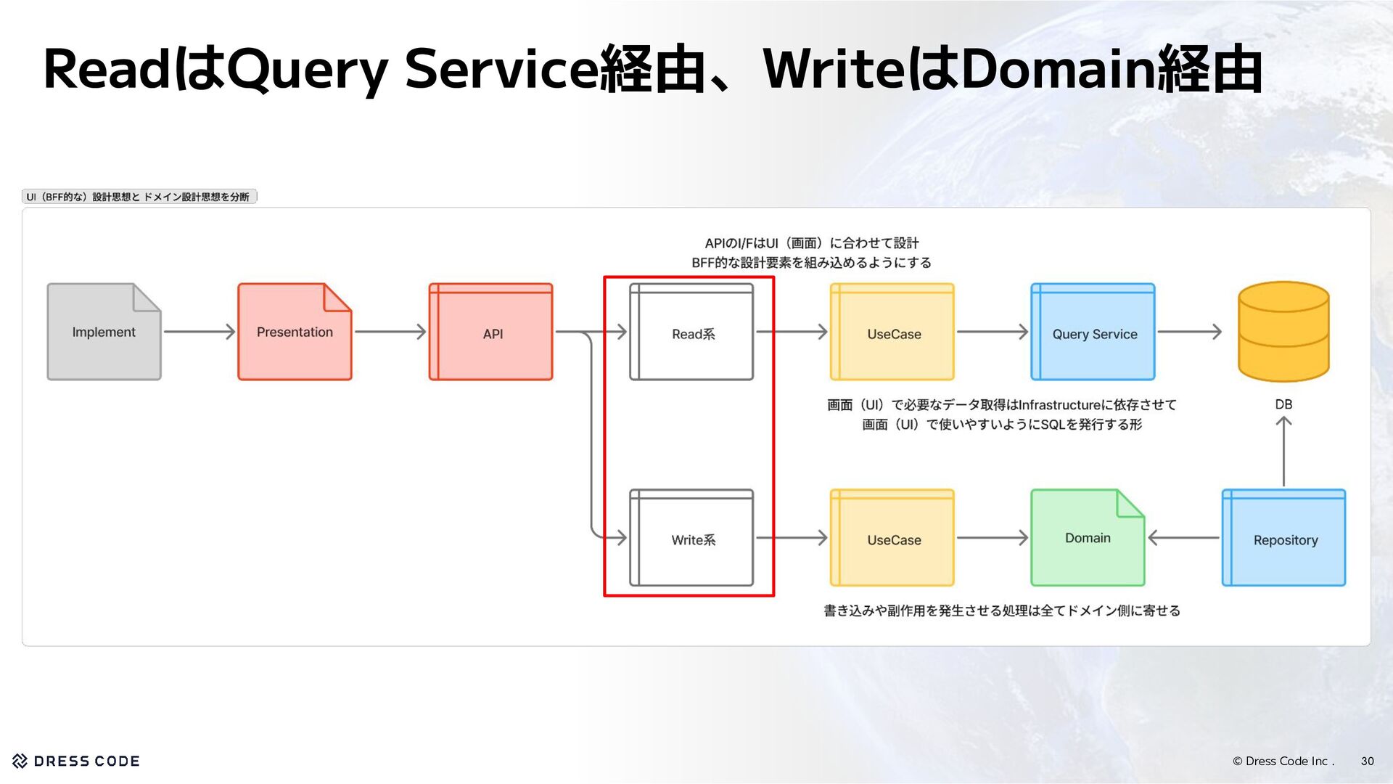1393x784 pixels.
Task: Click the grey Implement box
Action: coord(104,332)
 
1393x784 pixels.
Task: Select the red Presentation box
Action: coord(295,332)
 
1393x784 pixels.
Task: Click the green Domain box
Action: coord(1088,538)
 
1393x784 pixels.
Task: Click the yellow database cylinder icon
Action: coord(1283,331)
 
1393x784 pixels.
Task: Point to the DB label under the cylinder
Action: coord(1283,404)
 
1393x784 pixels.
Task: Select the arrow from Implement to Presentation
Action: coord(200,332)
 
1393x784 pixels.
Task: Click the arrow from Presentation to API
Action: coord(390,332)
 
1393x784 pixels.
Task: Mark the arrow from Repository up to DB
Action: coord(1283,452)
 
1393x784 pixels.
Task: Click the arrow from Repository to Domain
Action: coord(1183,538)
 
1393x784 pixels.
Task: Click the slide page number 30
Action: coord(1367,761)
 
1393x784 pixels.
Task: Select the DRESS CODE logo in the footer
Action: coord(76,761)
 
